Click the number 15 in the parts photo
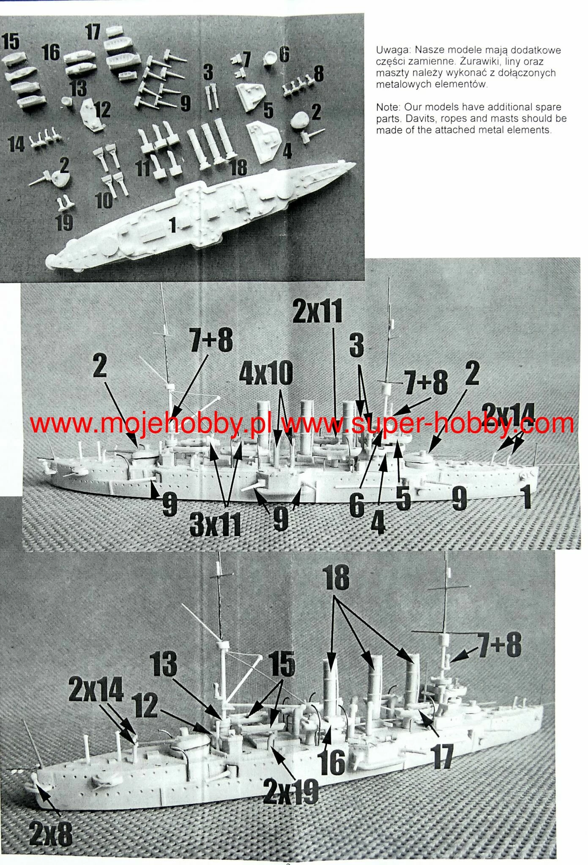click(11, 42)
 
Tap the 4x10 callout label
click(266, 373)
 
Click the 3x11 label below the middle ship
click(216, 523)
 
